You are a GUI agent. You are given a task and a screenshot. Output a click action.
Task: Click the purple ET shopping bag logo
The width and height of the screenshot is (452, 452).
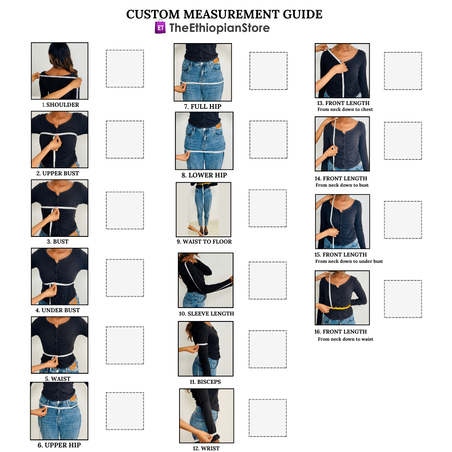(160, 27)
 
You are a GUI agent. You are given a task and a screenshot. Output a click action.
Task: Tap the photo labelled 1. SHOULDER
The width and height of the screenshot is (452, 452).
(60, 71)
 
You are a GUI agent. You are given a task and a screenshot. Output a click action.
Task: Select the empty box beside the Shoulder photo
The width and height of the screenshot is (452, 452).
(125, 69)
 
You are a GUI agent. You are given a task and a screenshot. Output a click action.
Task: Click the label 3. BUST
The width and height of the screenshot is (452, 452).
(58, 241)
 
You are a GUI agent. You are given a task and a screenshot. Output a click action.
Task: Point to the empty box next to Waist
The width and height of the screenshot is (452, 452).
(125, 345)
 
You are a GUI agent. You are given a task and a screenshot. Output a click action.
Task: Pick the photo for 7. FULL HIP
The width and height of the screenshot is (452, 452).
(203, 72)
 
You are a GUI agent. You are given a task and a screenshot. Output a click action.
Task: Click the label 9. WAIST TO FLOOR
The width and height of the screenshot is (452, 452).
(204, 241)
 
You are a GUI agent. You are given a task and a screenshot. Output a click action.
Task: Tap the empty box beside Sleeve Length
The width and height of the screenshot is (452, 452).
(268, 280)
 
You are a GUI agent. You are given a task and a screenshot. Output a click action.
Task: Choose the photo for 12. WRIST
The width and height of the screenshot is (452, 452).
(207, 416)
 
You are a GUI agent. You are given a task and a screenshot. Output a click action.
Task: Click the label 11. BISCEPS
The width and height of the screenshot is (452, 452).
(205, 382)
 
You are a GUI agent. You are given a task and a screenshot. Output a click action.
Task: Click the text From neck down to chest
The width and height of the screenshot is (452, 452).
(345, 109)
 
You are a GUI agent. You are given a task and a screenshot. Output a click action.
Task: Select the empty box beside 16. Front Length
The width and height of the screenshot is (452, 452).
(403, 299)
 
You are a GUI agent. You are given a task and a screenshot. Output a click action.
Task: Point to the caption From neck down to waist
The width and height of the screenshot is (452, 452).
(345, 339)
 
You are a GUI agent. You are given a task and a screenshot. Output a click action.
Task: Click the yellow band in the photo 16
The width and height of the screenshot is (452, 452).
(340, 308)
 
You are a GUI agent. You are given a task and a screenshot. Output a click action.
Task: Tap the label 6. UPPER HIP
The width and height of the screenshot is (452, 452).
(59, 445)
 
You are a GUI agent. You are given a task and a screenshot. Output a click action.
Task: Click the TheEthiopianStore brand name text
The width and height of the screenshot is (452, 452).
(219, 28)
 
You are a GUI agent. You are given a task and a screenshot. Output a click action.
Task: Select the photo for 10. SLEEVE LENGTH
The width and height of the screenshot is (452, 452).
(206, 280)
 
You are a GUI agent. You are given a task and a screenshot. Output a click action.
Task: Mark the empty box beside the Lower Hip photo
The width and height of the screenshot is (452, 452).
(268, 139)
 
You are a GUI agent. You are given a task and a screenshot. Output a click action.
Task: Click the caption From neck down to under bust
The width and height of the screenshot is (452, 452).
(349, 261)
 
